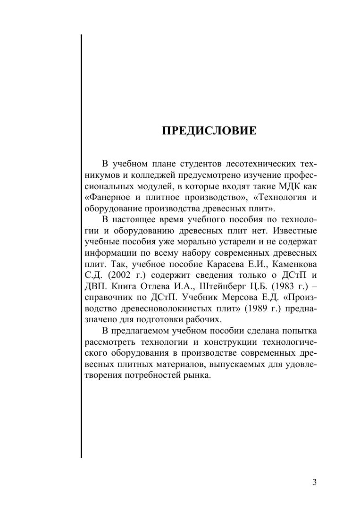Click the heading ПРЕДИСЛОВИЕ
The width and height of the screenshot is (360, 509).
click(209, 131)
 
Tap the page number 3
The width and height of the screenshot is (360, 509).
click(314, 482)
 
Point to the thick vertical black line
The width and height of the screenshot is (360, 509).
click(81, 245)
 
